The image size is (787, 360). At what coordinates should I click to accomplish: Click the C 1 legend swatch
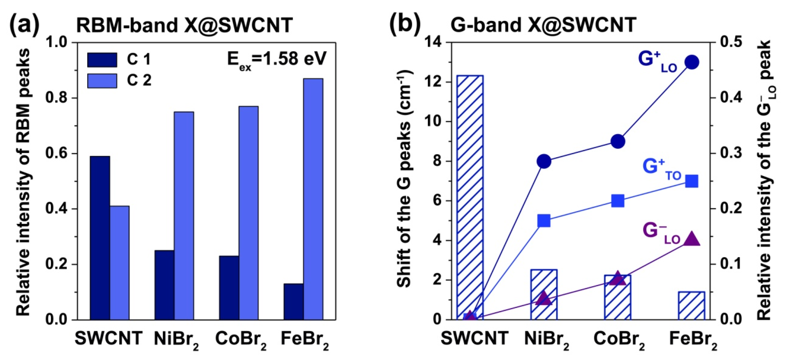[x=102, y=60]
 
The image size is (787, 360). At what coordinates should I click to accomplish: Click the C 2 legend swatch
[x=102, y=81]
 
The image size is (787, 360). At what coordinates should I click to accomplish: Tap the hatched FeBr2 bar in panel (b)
[x=692, y=306]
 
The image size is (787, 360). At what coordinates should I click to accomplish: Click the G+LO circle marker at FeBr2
[x=692, y=62]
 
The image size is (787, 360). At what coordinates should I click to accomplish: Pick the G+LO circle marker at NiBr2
[x=544, y=161]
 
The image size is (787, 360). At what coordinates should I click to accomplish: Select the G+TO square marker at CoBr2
[x=618, y=201]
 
